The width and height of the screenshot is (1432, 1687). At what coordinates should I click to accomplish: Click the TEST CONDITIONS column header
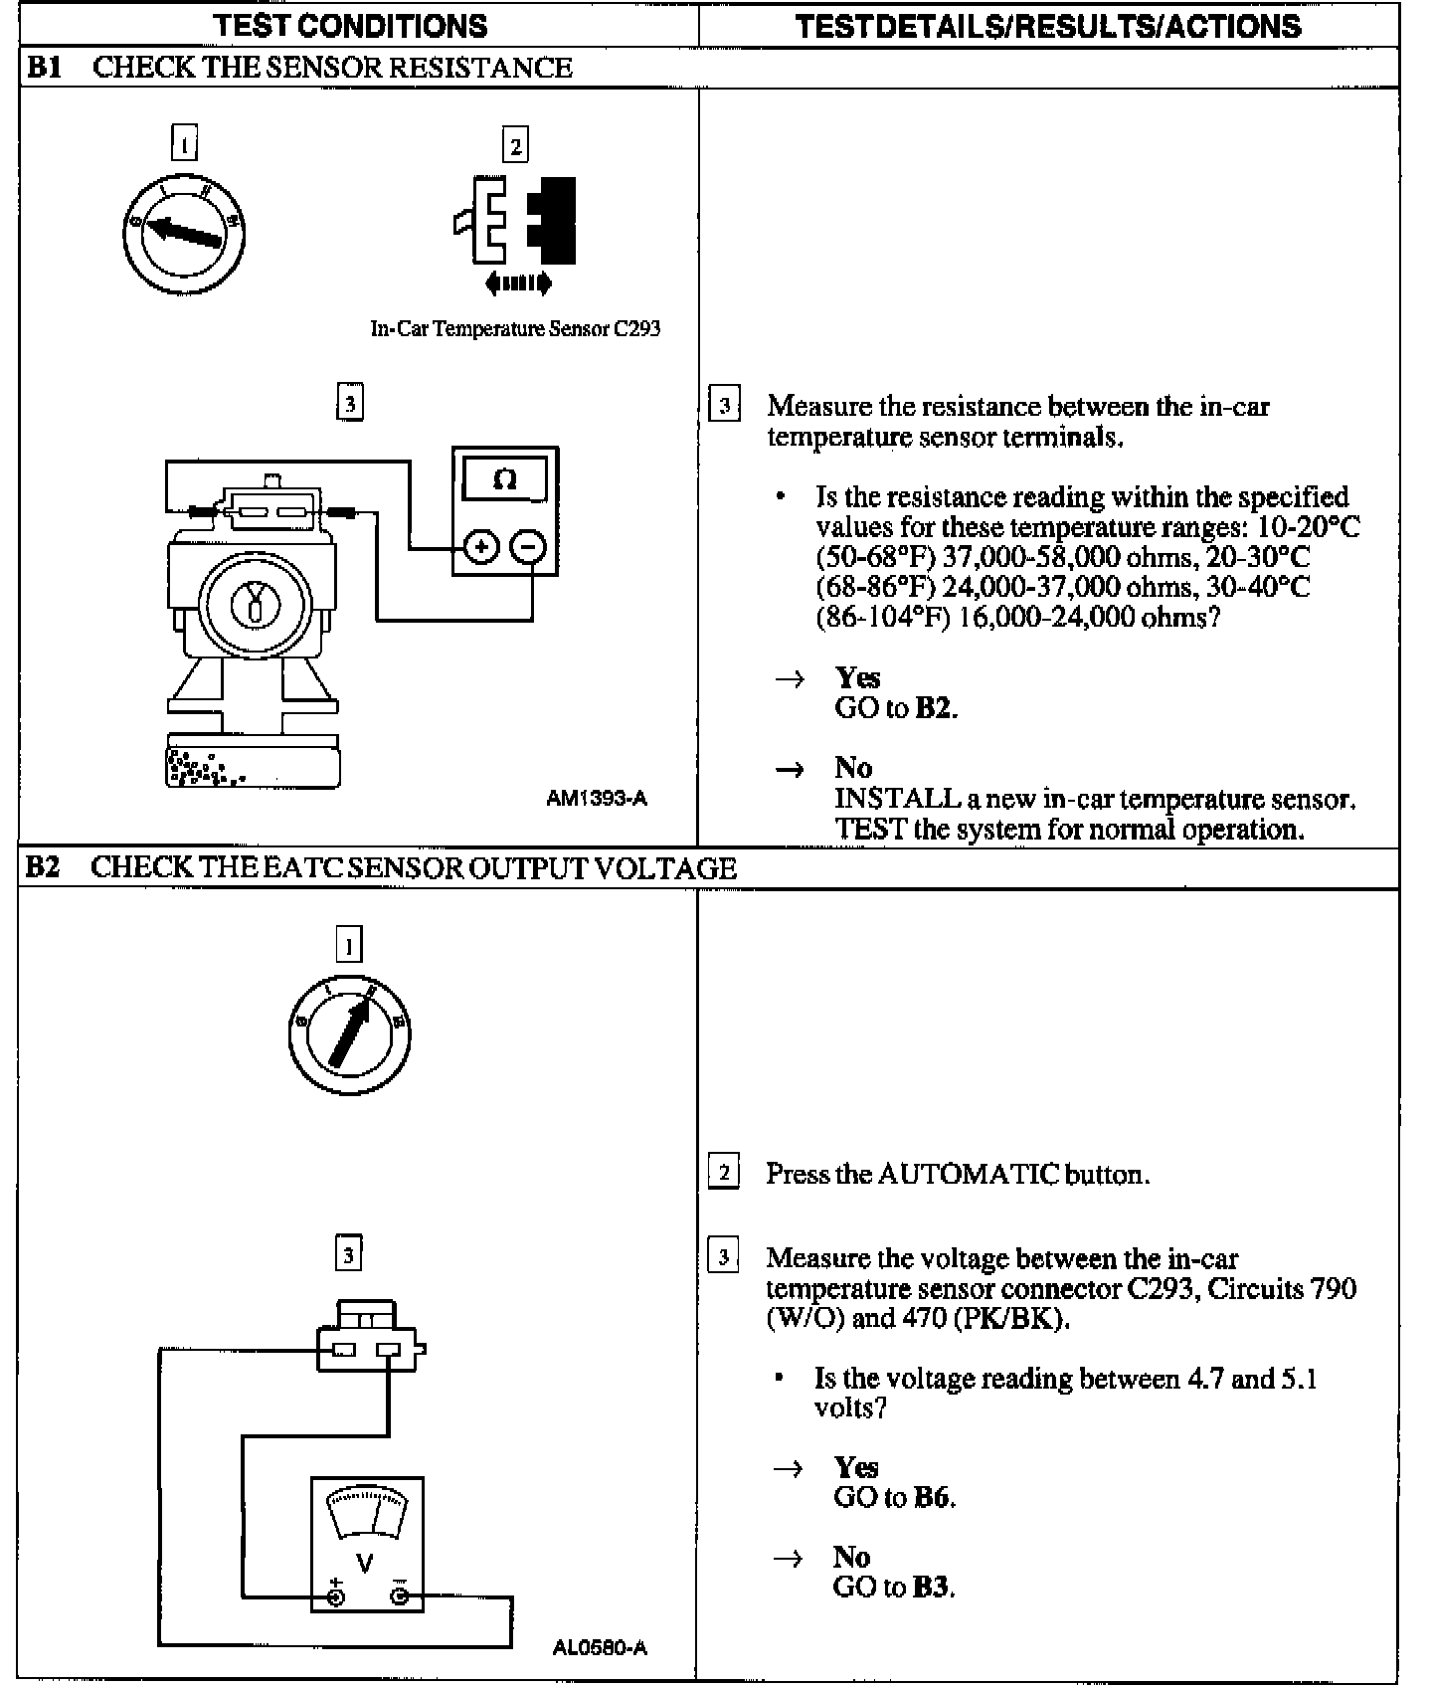[x=351, y=25]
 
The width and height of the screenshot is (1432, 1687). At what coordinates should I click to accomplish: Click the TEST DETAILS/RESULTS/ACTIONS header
[x=1048, y=25]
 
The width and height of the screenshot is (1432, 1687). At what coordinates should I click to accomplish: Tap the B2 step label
[x=42, y=867]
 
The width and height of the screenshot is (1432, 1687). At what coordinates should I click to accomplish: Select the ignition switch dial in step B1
[x=184, y=234]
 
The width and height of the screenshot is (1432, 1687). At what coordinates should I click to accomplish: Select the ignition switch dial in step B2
[x=349, y=1034]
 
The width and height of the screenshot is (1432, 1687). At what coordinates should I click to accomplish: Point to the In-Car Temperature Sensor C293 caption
[x=515, y=328]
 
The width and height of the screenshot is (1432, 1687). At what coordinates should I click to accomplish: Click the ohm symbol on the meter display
[x=505, y=480]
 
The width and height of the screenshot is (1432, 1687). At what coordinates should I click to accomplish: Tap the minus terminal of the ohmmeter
[x=529, y=547]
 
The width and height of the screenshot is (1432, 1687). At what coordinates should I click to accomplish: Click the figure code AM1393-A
[x=597, y=798]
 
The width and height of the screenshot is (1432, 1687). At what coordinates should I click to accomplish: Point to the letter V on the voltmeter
[x=365, y=1564]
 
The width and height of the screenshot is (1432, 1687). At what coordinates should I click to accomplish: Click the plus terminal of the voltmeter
[x=336, y=1597]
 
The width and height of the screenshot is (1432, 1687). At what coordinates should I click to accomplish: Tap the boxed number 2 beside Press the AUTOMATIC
[x=723, y=1173]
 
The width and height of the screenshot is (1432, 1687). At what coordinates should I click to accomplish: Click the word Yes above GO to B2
[x=857, y=677]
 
